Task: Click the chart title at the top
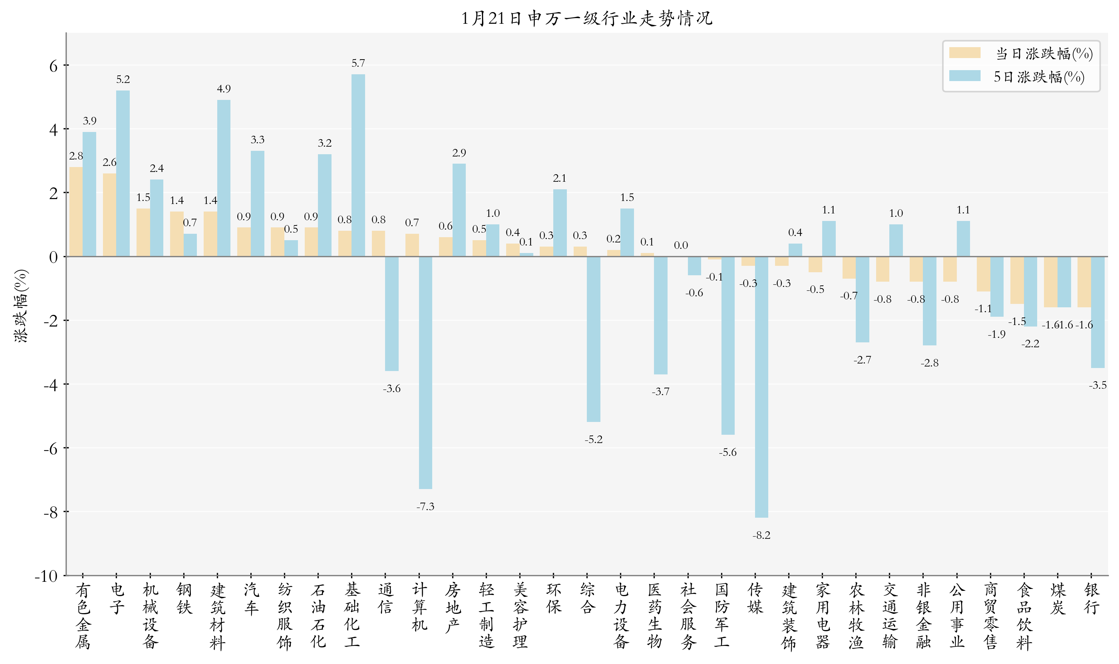(586, 18)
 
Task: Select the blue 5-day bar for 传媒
(761, 387)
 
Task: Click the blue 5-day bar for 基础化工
(358, 166)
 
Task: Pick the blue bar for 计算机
(425, 373)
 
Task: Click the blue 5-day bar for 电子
(123, 173)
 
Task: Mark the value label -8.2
(761, 535)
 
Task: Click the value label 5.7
(358, 63)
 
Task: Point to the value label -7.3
(425, 506)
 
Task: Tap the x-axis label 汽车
(251, 599)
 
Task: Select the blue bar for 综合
(593, 339)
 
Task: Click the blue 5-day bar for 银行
(1098, 312)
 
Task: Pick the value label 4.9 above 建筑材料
(224, 89)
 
